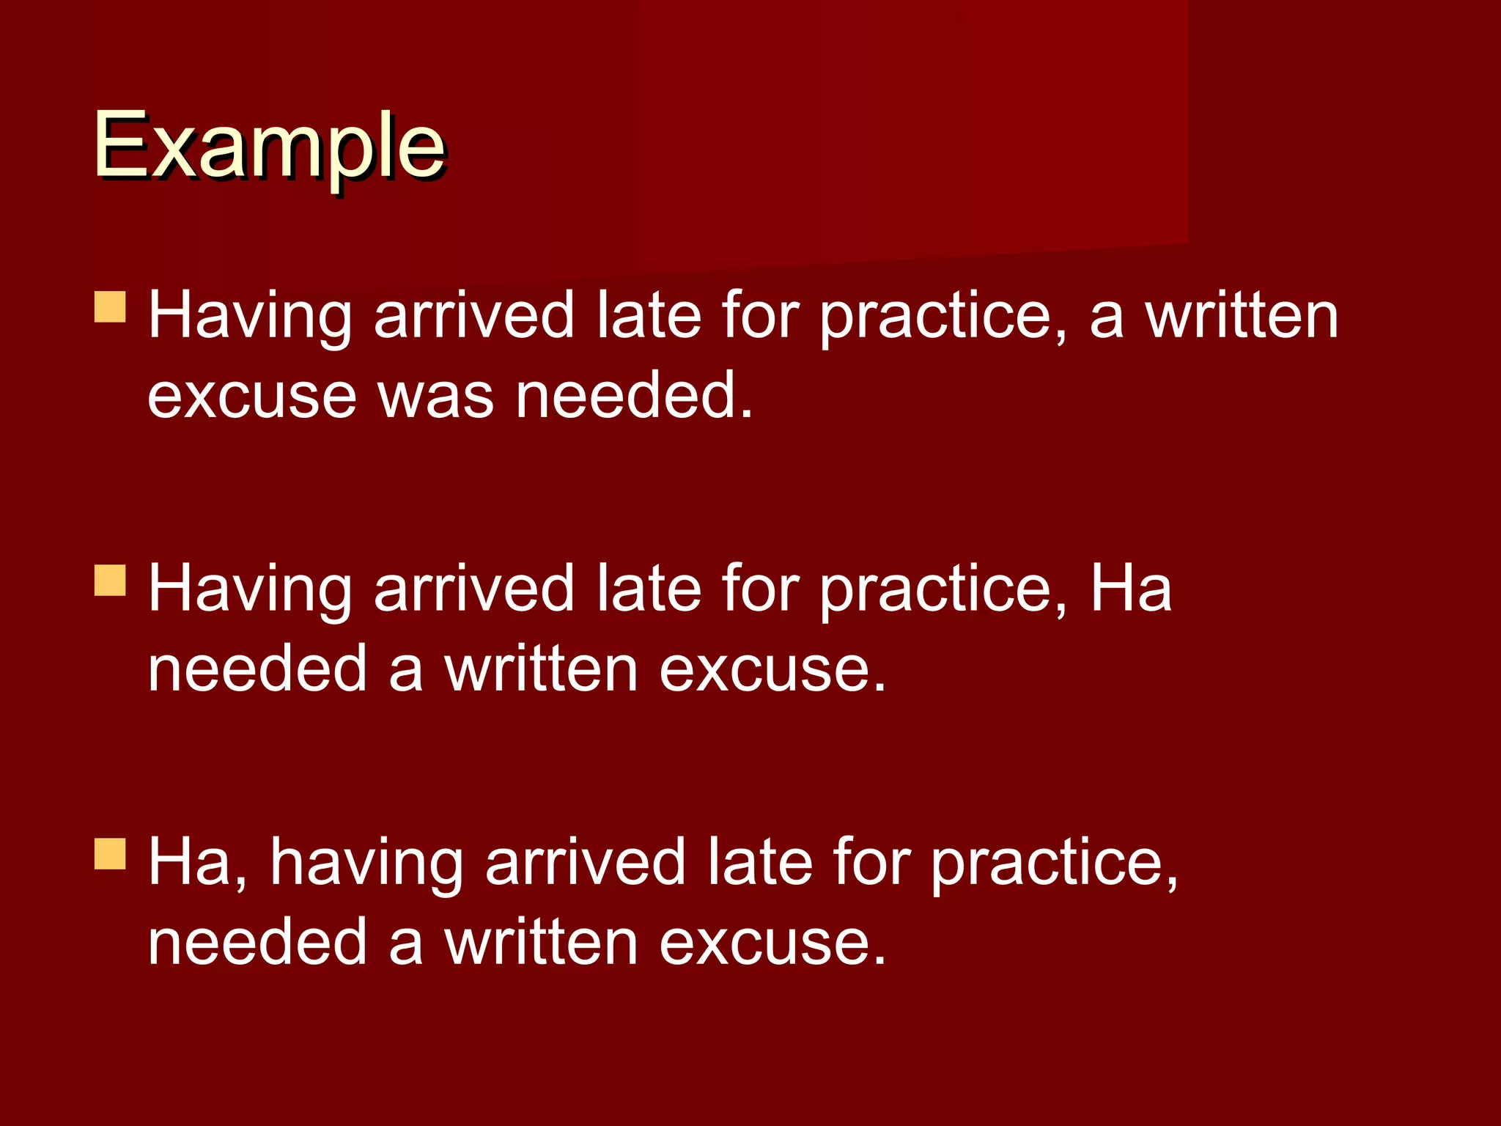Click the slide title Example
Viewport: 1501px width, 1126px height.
tap(269, 147)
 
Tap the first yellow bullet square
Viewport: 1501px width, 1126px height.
tap(111, 308)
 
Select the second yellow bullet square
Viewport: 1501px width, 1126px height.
tap(111, 580)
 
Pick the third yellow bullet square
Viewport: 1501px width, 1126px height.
tap(111, 854)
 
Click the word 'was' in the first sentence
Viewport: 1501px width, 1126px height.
tap(435, 396)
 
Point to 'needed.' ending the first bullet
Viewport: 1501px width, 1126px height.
tap(634, 396)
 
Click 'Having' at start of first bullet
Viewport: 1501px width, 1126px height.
tap(250, 317)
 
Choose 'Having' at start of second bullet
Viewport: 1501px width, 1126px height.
tap(250, 590)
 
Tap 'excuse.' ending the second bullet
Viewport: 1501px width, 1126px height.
tap(772, 670)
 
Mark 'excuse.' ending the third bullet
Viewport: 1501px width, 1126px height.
tap(772, 943)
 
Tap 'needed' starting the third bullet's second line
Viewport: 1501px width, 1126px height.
tap(257, 943)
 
